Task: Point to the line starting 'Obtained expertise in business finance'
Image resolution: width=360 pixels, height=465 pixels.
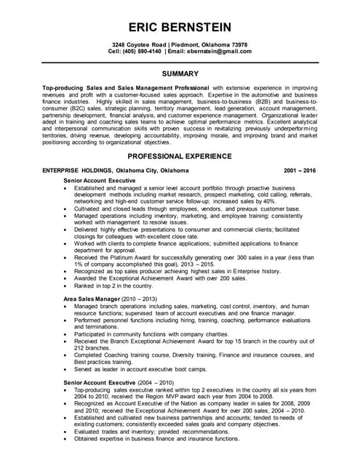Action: pos(156,439)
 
